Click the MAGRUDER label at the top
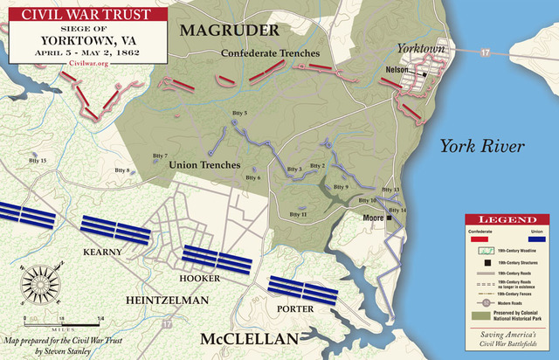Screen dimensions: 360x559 click(229, 31)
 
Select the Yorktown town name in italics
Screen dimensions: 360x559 click(421, 49)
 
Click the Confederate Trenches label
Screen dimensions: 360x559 click(270, 53)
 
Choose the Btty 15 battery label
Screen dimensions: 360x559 click(38, 161)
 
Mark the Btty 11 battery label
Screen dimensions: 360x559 click(298, 213)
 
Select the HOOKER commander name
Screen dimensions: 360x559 click(199, 277)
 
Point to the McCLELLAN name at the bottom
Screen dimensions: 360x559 click(249, 339)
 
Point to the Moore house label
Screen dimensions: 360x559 click(373, 218)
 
